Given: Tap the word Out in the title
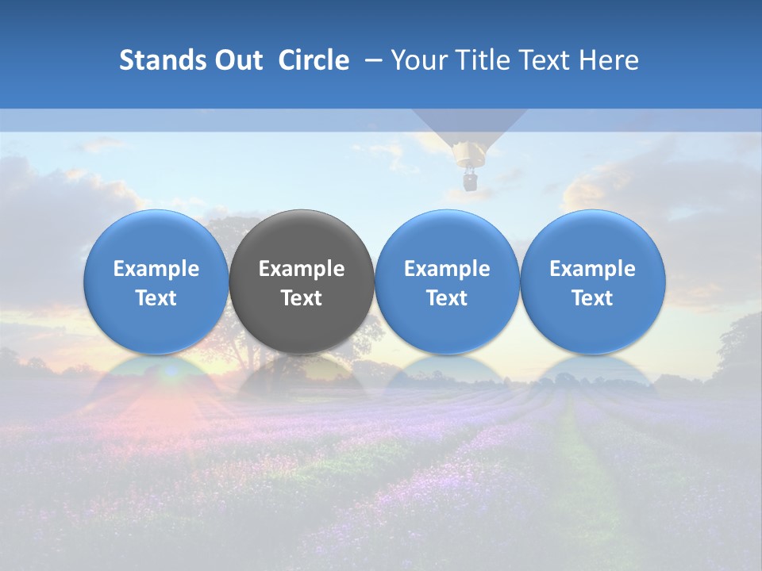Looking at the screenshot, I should (236, 60).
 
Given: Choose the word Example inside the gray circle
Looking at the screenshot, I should (302, 269).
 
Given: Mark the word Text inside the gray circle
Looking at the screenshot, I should (302, 298).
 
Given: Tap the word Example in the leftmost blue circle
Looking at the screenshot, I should (156, 269).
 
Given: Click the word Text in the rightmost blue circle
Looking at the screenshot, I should (593, 298).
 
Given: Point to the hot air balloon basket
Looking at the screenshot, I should (470, 182).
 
